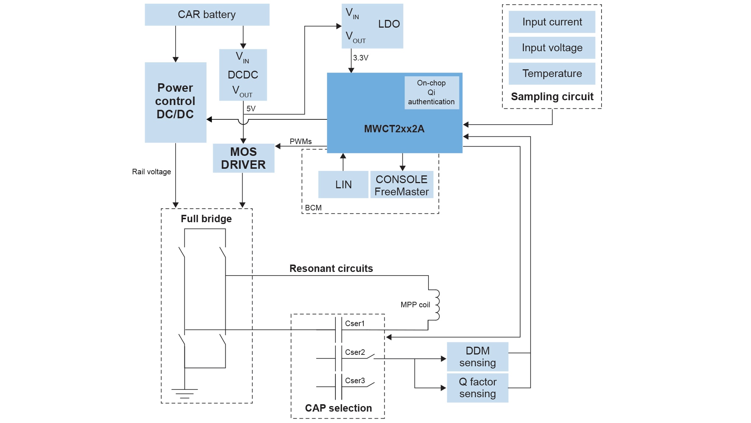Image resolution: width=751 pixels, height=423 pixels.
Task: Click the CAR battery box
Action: click(207, 15)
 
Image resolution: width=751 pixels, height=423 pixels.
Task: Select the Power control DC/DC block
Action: click(175, 102)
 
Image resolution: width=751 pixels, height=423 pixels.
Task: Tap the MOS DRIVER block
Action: click(243, 158)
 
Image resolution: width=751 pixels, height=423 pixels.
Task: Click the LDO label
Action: click(389, 24)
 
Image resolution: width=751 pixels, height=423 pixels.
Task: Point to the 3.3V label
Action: click(360, 58)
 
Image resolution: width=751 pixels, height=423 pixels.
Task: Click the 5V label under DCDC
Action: click(251, 109)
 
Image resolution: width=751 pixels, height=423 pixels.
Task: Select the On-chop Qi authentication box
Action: click(431, 92)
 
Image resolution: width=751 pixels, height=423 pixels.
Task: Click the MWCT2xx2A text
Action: click(394, 129)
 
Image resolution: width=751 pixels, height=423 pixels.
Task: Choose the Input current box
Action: click(552, 22)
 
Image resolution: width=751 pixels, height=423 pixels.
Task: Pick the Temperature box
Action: click(552, 74)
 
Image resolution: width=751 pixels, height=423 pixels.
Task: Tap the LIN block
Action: click(343, 185)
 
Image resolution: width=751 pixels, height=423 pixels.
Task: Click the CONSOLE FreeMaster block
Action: click(402, 185)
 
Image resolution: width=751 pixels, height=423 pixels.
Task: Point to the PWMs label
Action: click(300, 141)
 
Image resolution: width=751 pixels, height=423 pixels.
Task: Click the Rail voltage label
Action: click(151, 172)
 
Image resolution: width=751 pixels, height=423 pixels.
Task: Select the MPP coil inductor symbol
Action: click(436, 305)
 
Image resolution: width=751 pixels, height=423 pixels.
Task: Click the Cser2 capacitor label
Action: click(355, 352)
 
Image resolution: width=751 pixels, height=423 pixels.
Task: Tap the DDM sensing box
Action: click(477, 357)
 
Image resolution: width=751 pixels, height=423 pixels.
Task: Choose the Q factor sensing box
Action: click(477, 388)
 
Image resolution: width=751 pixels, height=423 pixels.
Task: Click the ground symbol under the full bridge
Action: click(184, 393)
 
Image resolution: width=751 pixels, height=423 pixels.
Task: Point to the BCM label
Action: click(313, 208)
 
